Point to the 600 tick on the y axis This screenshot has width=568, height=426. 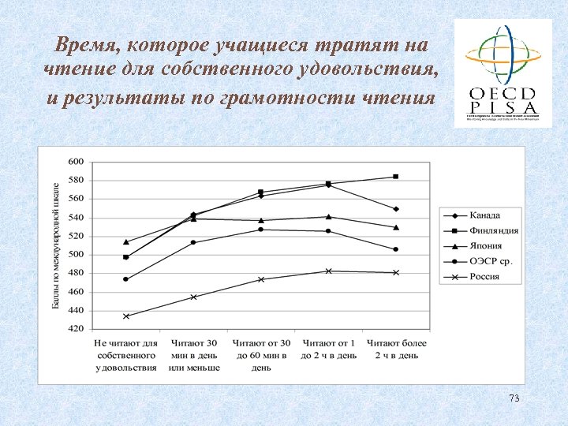coord(76,161)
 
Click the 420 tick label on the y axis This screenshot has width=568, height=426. coord(76,330)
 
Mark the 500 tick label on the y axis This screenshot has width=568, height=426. coord(76,255)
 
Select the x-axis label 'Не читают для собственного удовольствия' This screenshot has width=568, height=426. coord(126,355)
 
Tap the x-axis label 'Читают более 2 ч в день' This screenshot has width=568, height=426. coord(397,349)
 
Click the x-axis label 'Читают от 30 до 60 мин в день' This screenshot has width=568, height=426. coord(262,355)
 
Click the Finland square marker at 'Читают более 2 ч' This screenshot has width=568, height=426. coord(396,177)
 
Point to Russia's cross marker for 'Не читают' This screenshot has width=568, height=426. coord(126,316)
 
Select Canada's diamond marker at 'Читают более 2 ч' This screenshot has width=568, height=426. coord(396,209)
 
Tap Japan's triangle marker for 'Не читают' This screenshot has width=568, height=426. coord(126,241)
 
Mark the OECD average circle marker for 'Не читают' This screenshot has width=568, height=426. coord(126,279)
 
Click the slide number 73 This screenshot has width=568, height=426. coord(514,398)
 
